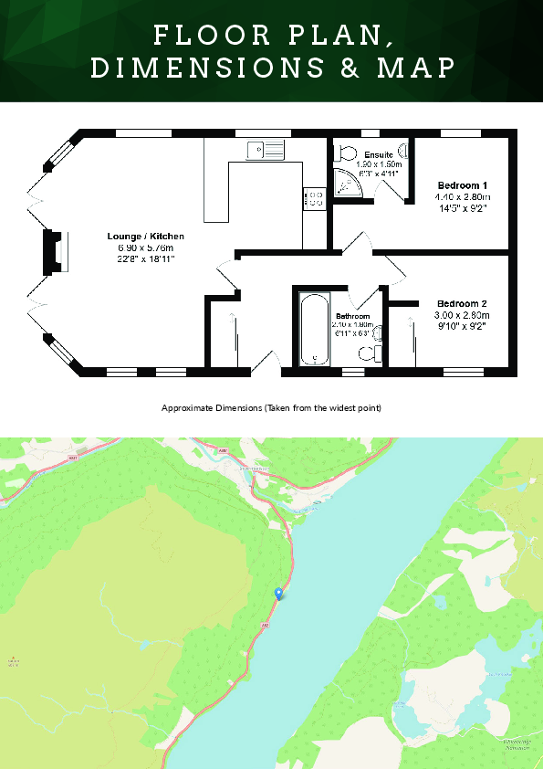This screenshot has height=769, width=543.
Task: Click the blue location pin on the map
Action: pos(278,594)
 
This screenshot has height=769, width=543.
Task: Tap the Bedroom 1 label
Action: pos(464,185)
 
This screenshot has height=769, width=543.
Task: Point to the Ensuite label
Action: pos(377,155)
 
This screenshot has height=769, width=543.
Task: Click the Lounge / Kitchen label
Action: pos(145,237)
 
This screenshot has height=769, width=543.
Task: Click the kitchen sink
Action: pos(265,149)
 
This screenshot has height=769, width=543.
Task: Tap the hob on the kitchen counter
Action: pos(313,198)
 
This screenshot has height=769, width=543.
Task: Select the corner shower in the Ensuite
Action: pos(348,184)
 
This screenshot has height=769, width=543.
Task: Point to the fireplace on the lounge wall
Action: pos(56,252)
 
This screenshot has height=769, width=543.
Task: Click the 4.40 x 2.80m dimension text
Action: pos(464,196)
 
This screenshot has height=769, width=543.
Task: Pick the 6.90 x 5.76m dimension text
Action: pos(145,248)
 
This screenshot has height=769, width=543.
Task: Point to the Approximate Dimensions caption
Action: pos(271,407)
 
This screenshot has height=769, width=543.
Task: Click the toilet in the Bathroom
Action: pos(369,357)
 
